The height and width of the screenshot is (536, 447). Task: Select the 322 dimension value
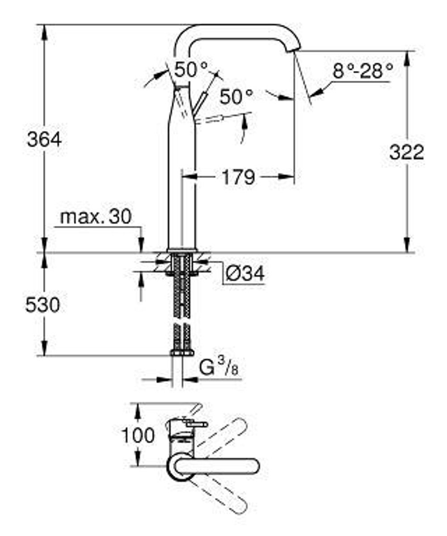(x=406, y=153)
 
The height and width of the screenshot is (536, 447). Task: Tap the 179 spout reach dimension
(x=238, y=177)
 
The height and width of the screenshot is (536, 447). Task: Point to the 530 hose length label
(x=42, y=306)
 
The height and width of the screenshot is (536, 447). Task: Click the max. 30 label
(x=96, y=218)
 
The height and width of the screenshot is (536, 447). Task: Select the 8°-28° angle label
(x=363, y=71)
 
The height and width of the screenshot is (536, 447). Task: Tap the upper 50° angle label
(x=191, y=69)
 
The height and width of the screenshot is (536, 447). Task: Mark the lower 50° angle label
(x=236, y=96)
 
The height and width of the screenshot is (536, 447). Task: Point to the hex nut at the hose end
(x=181, y=352)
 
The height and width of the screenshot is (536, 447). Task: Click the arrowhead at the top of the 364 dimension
(x=44, y=31)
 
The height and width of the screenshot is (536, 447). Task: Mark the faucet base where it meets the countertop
(x=181, y=249)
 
